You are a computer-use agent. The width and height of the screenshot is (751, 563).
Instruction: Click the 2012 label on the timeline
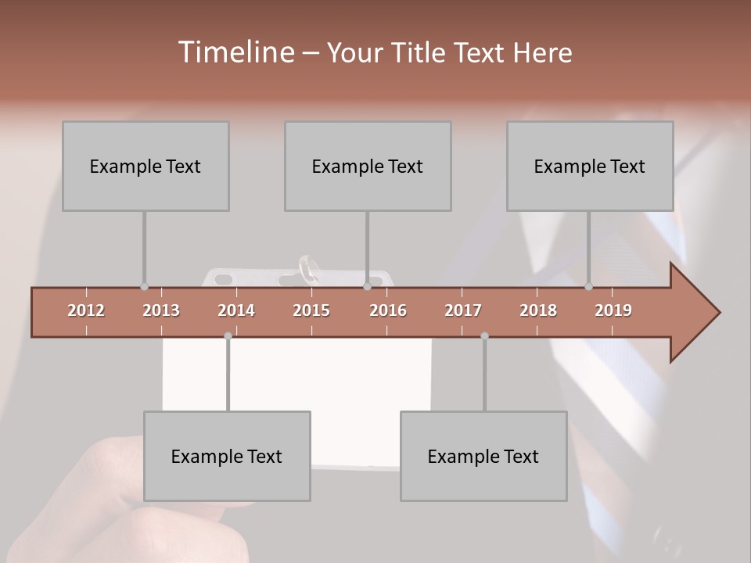(86, 310)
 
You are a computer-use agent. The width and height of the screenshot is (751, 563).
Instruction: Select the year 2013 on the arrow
(161, 310)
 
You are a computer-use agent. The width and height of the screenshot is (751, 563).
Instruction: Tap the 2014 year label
(236, 310)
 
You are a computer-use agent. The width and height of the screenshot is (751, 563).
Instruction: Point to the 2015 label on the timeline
(311, 310)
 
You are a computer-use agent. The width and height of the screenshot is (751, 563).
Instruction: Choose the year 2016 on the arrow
(388, 310)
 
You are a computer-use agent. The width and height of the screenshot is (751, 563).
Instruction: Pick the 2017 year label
(463, 310)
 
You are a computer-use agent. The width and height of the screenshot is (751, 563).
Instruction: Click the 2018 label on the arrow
(538, 310)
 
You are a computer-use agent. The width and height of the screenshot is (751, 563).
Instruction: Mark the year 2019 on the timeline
(613, 310)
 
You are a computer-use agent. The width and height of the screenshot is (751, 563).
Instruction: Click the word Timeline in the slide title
(235, 52)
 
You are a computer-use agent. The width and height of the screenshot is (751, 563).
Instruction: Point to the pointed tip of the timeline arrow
(717, 313)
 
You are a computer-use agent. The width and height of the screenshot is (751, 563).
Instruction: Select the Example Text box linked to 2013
(146, 166)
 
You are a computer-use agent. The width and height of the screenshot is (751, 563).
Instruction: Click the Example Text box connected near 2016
(368, 166)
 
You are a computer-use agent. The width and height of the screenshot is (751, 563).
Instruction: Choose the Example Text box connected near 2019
(590, 166)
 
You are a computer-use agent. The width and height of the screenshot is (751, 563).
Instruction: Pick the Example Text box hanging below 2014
(227, 456)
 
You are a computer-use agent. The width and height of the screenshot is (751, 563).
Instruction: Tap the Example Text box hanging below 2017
(483, 456)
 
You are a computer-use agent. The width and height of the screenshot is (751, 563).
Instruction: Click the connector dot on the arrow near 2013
(144, 287)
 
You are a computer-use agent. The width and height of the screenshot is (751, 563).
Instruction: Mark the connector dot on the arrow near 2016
(368, 287)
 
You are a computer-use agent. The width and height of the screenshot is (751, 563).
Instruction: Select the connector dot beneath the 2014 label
(228, 336)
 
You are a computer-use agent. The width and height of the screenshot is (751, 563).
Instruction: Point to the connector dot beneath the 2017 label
(484, 336)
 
